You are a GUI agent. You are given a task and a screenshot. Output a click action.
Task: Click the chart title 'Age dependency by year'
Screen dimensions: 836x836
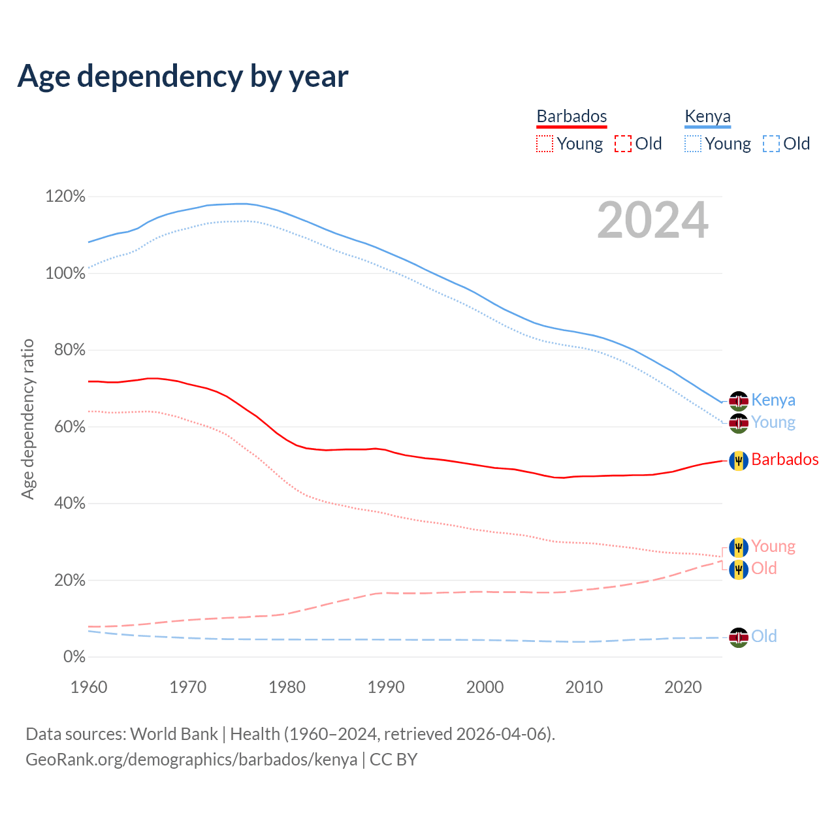tap(183, 76)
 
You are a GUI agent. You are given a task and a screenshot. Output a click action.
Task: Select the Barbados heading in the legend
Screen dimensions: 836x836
tap(571, 116)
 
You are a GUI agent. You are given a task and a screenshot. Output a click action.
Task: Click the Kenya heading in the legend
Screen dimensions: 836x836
tap(707, 116)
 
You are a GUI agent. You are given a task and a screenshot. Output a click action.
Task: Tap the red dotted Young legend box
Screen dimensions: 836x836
tap(544, 144)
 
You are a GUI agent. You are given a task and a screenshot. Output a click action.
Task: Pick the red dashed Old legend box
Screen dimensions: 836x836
tap(622, 144)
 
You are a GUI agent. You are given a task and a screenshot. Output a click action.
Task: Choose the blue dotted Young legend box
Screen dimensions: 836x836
tap(692, 144)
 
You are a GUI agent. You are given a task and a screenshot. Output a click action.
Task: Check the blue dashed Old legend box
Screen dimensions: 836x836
tap(771, 144)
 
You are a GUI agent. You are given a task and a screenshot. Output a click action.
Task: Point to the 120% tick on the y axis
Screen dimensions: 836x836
tap(65, 197)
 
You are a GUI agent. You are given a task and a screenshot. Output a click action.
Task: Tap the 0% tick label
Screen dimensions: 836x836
tap(74, 657)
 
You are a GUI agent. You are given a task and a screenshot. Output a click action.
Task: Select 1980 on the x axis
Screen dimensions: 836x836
tap(287, 687)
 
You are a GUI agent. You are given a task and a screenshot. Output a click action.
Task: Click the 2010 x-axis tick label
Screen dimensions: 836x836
tap(584, 687)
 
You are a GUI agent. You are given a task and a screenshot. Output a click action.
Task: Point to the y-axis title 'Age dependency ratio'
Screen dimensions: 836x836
tap(27, 419)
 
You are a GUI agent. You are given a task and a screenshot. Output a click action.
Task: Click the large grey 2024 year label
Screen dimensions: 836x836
tap(652, 221)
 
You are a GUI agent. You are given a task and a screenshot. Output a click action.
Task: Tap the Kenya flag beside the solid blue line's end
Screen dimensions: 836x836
tap(739, 400)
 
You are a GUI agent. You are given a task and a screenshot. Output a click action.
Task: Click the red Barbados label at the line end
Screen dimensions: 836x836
tap(784, 460)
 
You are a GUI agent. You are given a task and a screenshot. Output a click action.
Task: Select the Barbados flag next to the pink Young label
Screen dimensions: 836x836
tap(739, 547)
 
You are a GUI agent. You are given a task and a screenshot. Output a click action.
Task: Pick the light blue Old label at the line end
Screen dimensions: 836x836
tap(764, 637)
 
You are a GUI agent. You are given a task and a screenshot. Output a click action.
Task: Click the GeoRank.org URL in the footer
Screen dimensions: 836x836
tap(191, 760)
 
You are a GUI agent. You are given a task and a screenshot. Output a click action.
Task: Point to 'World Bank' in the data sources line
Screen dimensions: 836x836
tap(174, 734)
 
